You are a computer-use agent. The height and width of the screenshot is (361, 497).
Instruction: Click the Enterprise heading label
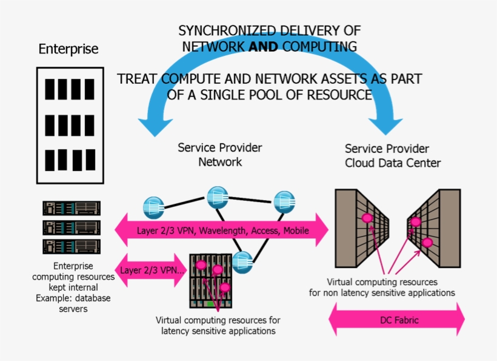[x=68, y=49]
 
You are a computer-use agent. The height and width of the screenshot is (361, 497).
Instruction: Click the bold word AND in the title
[x=263, y=47]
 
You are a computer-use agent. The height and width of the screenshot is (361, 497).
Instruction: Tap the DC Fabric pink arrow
[x=396, y=320]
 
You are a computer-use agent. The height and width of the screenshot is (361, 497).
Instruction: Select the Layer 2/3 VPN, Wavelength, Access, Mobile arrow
[x=221, y=231]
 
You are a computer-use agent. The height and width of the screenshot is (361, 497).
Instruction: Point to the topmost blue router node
[x=217, y=196]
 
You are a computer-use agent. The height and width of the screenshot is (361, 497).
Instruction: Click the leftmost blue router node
[x=153, y=207]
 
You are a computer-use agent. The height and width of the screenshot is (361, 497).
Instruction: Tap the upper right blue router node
[x=284, y=201]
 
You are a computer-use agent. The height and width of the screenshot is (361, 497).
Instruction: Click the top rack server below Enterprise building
[x=72, y=208]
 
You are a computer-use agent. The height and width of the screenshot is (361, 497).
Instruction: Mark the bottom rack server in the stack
[x=72, y=246]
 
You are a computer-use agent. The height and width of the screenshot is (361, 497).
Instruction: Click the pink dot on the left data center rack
[x=367, y=218]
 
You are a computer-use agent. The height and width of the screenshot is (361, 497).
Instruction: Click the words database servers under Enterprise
[x=73, y=304]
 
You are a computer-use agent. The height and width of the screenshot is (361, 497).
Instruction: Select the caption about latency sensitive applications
[x=218, y=325]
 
